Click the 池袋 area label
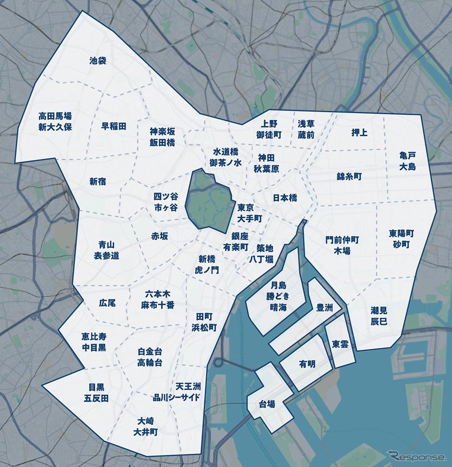pyautogui.click(x=98, y=61)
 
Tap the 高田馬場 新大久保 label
pyautogui.click(x=55, y=121)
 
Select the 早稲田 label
pyautogui.click(x=114, y=126)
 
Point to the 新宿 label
pyautogui.click(x=98, y=181)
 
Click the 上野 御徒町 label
pyautogui.click(x=269, y=129)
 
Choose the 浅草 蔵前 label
pyautogui.click(x=306, y=129)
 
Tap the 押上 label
pyautogui.click(x=359, y=133)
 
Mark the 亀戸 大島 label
pyautogui.click(x=408, y=161)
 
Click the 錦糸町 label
pyautogui.click(x=349, y=176)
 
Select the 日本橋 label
pyautogui.click(x=285, y=198)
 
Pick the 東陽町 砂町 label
pyautogui.click(x=401, y=239)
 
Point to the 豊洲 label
pyautogui.click(x=324, y=308)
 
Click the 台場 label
pyautogui.click(x=267, y=404)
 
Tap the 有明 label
pyautogui.click(x=307, y=364)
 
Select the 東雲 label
pyautogui.click(x=341, y=344)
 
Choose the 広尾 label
pyautogui.click(x=107, y=303)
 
